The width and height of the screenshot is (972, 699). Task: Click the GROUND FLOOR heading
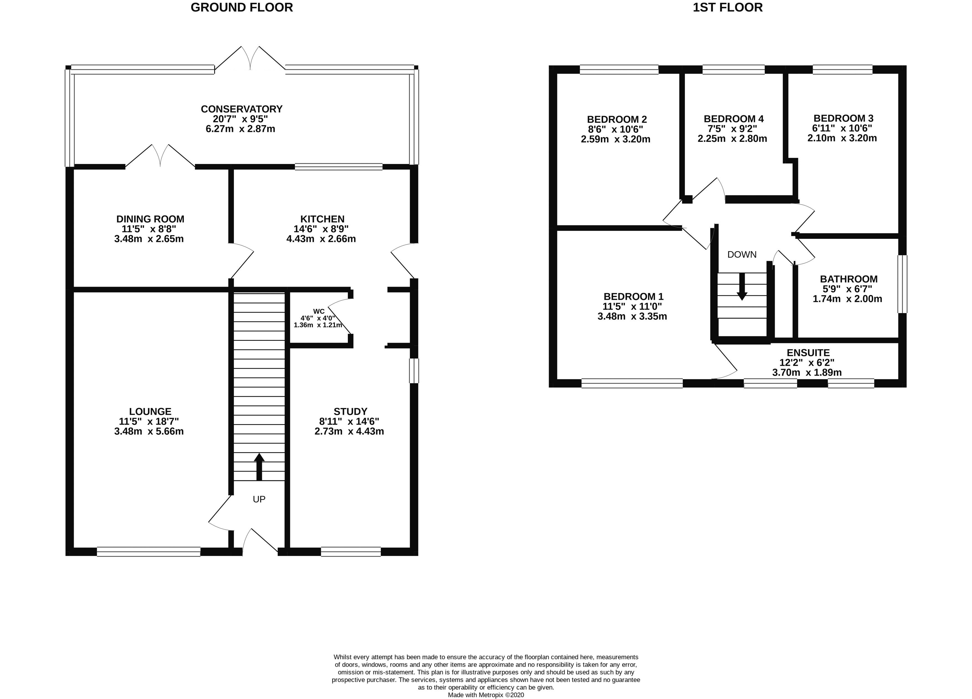coord(242,8)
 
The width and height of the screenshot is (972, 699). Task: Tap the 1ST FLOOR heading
coord(728,8)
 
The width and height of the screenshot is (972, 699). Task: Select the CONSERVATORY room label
coord(242,109)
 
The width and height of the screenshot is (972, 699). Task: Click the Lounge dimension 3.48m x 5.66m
coord(149,431)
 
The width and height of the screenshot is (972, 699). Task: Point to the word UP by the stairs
coord(259,499)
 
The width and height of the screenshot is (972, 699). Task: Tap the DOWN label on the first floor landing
coord(742,254)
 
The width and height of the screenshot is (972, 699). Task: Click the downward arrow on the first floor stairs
coord(742,287)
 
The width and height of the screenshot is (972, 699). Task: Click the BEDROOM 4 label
coord(733,119)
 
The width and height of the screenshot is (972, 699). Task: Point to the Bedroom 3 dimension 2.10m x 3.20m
coord(842,138)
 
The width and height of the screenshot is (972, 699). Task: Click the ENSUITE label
coord(808,352)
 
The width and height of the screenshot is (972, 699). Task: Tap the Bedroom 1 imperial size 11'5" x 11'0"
coord(632,306)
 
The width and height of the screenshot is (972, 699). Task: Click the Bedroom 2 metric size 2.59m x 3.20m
coord(615,139)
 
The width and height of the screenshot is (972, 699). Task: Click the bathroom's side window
coord(902,284)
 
